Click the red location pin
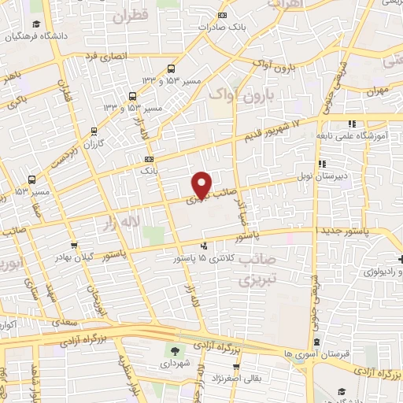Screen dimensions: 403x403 click(202, 184)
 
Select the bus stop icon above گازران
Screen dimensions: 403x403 click(94, 132)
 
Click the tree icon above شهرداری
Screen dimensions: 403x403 click(174, 350)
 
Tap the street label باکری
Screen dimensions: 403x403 click(20, 102)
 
